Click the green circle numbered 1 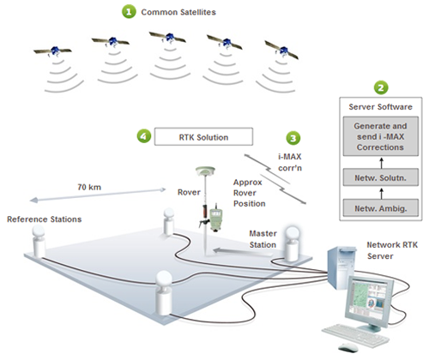pos(129,12)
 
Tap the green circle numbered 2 pos(381,87)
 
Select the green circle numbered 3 pos(293,138)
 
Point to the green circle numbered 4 pos(144,135)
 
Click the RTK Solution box pos(203,137)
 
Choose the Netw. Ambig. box pos(381,208)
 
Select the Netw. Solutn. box pos(381,177)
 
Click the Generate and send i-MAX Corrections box pos(381,136)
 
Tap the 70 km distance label pos(89,187)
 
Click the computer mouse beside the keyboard pos(347,347)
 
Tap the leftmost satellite pos(53,51)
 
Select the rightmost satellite pos(281,50)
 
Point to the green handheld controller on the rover pos(216,218)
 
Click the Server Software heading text pos(380,107)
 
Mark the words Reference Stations pos(45,219)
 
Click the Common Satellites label pos(178,12)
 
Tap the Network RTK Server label pos(392,250)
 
